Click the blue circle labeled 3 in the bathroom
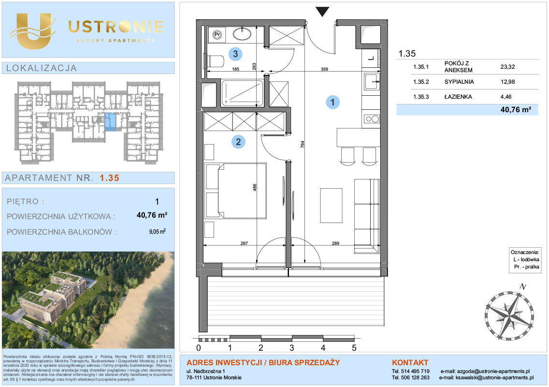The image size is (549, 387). (235, 54)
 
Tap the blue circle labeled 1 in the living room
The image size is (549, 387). (332, 102)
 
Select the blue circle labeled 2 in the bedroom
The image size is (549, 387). (238, 142)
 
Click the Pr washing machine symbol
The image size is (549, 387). (217, 35)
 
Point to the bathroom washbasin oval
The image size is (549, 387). (242, 34)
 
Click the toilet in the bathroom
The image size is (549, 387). (214, 61)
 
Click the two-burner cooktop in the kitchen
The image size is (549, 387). (372, 119)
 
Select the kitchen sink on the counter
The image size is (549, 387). (372, 81)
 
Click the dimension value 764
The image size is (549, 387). (302, 145)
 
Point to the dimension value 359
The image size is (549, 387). (324, 69)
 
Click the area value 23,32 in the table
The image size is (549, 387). (507, 67)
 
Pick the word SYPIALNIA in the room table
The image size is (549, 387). (459, 82)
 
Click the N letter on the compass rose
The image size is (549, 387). (523, 286)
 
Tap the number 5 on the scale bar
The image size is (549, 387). (354, 348)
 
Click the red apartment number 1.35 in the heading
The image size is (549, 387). (110, 178)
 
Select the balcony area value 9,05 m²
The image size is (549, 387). (157, 231)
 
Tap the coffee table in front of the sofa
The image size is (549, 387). (331, 206)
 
